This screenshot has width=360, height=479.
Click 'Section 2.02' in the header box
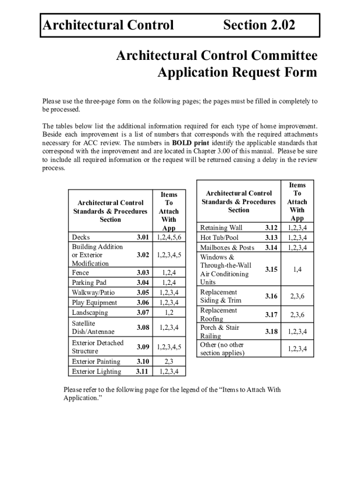tap(259, 25)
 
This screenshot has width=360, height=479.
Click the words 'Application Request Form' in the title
tap(237, 73)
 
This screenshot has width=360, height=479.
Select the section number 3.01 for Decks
tap(143, 238)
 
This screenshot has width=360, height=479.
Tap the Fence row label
tap(80, 272)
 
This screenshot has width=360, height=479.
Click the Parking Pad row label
tap(89, 283)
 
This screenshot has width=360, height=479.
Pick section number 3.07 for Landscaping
tap(143, 312)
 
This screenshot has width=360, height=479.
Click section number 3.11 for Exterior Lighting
tap(143, 372)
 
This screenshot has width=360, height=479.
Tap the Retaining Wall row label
tap(221, 228)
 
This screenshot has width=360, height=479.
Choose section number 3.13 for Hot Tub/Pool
tap(271, 238)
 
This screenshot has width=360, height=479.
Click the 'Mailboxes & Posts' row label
tap(227, 247)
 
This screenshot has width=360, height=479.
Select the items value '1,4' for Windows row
tap(297, 269)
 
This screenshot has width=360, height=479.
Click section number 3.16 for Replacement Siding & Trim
tap(271, 297)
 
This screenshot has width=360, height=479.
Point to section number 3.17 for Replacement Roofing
tap(271, 315)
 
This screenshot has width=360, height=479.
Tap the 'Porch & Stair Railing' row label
tap(219, 332)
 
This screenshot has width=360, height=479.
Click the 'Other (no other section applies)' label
tap(222, 349)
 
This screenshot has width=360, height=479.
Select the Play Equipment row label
tap(94, 303)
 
